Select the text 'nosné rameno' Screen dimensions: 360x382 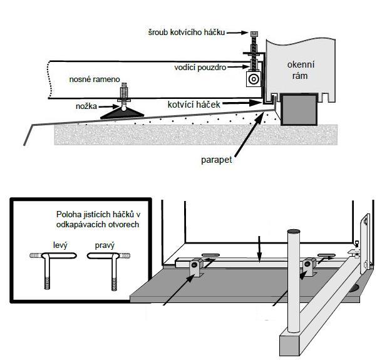[95, 80]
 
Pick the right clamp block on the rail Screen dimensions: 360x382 [307, 267]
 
